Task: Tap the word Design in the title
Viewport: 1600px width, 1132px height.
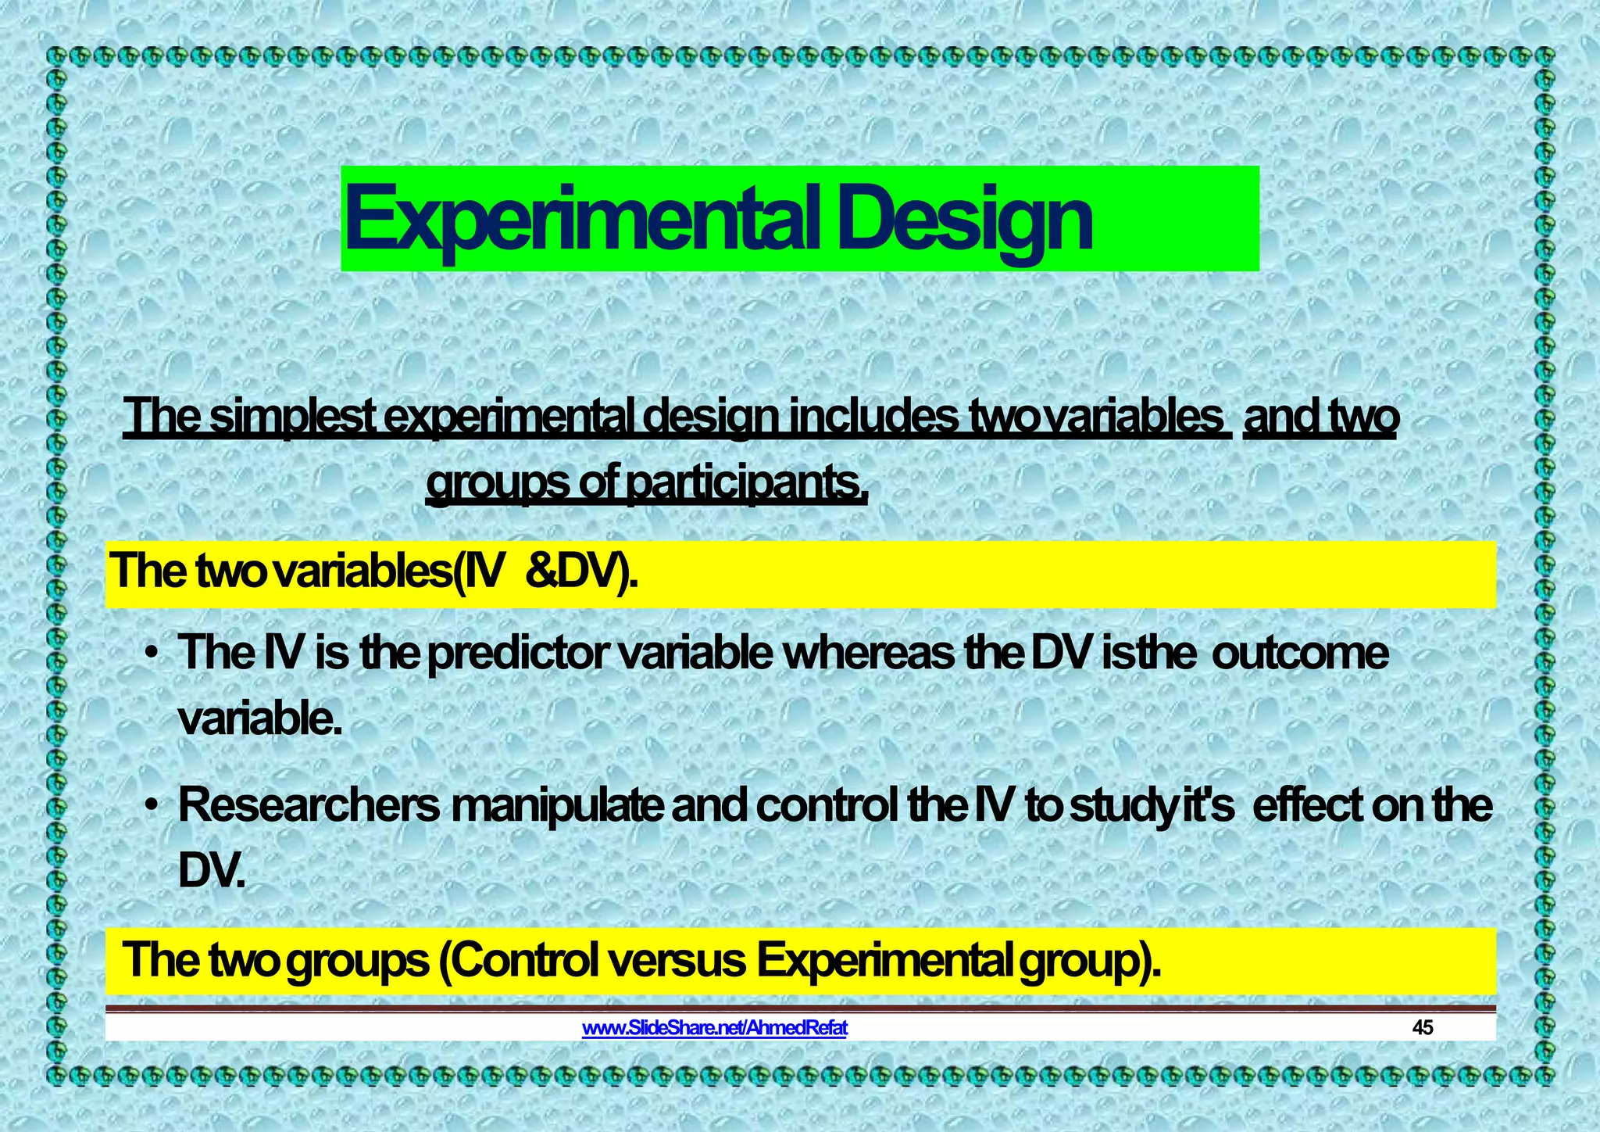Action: click(x=966, y=221)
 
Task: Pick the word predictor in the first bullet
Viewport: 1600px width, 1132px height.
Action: click(x=516, y=653)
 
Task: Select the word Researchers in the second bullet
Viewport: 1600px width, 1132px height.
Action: click(x=309, y=805)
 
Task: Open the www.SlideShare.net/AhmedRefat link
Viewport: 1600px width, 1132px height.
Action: click(x=714, y=1028)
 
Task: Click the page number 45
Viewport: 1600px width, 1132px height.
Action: click(x=1423, y=1028)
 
